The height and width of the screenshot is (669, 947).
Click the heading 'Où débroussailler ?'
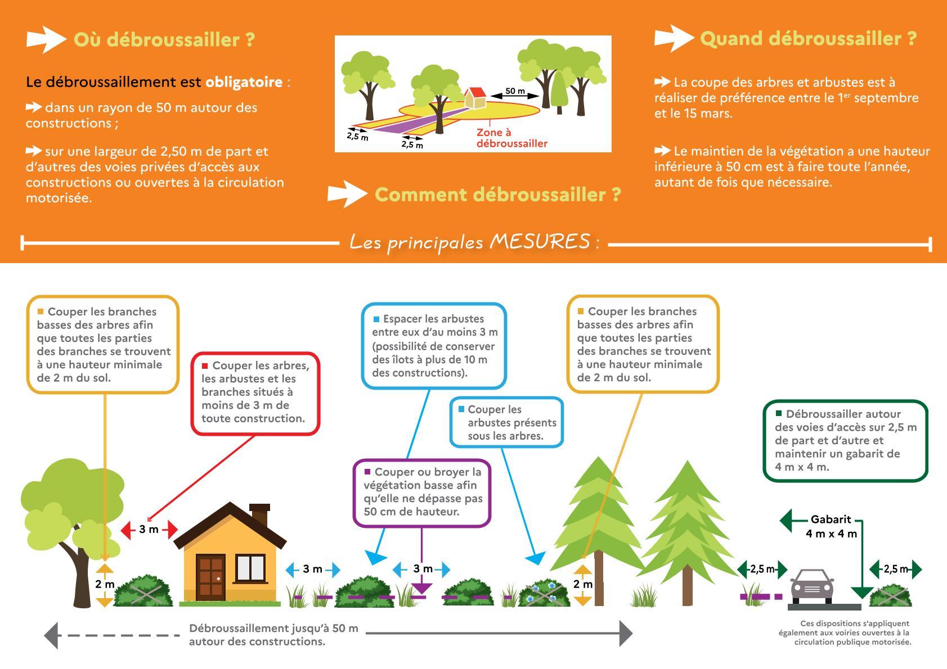pyautogui.click(x=164, y=40)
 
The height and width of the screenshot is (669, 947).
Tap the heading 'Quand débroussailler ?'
pyautogui.click(x=808, y=39)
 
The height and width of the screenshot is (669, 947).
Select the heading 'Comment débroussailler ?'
pyautogui.click(x=497, y=195)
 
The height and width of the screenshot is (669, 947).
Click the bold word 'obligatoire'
pyautogui.click(x=244, y=82)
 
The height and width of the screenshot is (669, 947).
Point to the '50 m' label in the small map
pyautogui.click(x=514, y=91)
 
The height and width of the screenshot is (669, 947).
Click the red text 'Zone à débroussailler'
pyautogui.click(x=511, y=138)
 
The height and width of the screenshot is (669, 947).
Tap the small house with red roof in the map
pyautogui.click(x=476, y=98)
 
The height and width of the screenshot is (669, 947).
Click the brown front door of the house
pyautogui.click(x=210, y=577)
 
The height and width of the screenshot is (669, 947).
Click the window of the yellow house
pyautogui.click(x=250, y=568)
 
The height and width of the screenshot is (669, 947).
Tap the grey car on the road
pyautogui.click(x=812, y=587)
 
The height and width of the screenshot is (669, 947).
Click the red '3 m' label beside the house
pyautogui.click(x=149, y=530)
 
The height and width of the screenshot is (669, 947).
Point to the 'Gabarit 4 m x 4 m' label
pyautogui.click(x=831, y=527)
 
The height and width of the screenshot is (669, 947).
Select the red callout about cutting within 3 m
pyautogui.click(x=255, y=392)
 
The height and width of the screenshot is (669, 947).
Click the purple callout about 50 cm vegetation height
pyautogui.click(x=422, y=492)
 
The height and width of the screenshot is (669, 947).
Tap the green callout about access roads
pyautogui.click(x=845, y=440)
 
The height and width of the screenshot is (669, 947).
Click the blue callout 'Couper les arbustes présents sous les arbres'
pyautogui.click(x=506, y=422)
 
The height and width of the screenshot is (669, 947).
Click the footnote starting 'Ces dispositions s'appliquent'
pyautogui.click(x=845, y=632)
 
